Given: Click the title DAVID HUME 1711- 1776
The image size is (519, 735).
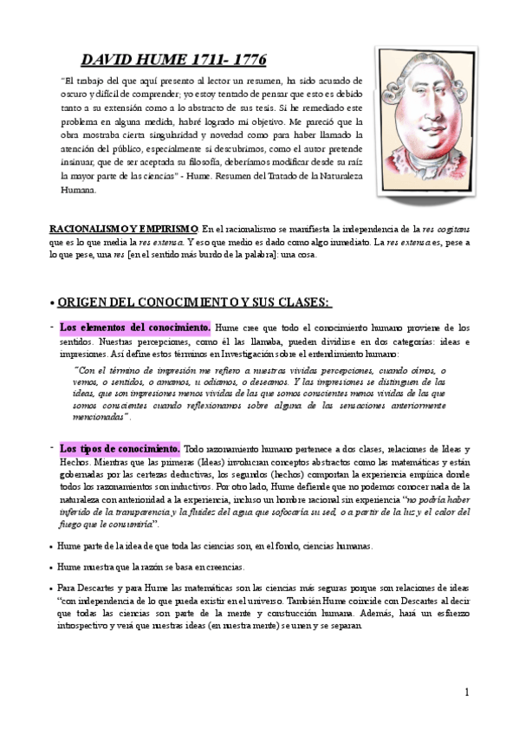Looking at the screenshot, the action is pos(173,60).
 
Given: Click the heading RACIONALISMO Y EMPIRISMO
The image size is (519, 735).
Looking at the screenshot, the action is pos(124,228).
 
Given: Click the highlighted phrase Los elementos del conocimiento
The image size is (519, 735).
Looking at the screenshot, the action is pos(134,328).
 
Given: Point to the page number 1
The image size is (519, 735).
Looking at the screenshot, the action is pos(466,693).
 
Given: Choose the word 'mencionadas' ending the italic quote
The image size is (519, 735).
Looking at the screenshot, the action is pos(98,417).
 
